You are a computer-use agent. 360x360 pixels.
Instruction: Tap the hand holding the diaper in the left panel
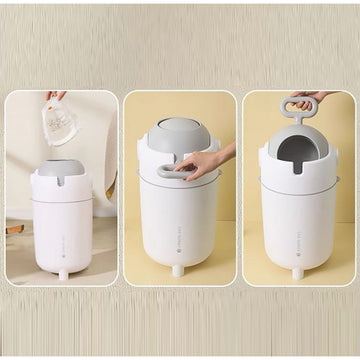(x=54, y=98)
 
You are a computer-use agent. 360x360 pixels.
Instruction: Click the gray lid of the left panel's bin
(x=62, y=169)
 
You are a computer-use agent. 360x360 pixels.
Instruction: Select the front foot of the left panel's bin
(x=63, y=274)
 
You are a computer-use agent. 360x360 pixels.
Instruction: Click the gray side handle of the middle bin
(x=174, y=173)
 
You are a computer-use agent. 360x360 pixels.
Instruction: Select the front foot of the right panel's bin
(x=296, y=272)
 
